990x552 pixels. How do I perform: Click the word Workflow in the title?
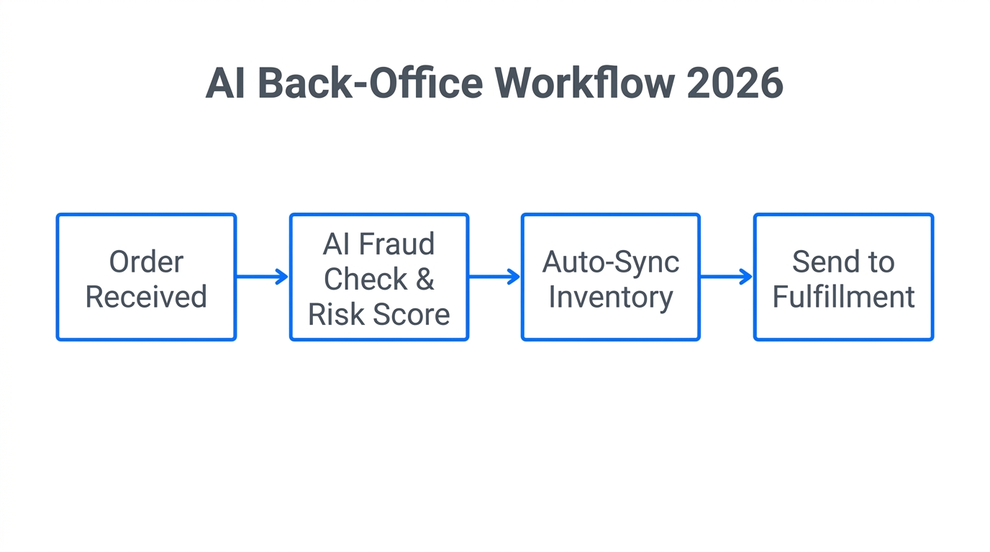(584, 83)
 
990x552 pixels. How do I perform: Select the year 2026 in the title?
(735, 83)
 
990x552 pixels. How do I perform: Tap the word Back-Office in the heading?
(370, 83)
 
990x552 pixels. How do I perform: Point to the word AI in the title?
(225, 83)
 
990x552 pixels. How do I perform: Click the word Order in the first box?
(146, 262)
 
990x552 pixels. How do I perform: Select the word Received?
(146, 297)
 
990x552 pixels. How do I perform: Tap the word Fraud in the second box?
(398, 244)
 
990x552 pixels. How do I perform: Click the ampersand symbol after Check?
(424, 280)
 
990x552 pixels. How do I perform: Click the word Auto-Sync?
(610, 262)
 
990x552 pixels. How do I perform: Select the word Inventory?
(610, 297)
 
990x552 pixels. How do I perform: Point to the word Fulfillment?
(843, 297)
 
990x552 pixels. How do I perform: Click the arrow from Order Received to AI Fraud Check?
(263, 277)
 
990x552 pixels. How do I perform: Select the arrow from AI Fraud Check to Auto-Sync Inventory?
(494, 277)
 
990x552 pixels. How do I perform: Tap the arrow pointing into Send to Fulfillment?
(727, 277)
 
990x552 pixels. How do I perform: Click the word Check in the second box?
(365, 280)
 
